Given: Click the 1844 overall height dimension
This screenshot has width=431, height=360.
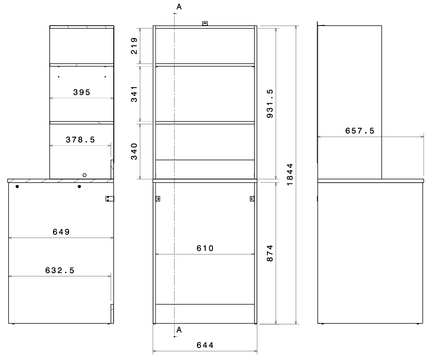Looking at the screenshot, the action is (290, 175).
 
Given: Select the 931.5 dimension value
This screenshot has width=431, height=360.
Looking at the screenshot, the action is (270, 104).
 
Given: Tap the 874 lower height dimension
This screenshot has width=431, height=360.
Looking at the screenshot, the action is (270, 253).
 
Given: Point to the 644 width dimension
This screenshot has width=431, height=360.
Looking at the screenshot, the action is (205, 345).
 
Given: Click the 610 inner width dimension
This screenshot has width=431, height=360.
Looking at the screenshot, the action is (205, 248).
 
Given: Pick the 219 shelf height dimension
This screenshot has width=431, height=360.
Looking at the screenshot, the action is (134, 46).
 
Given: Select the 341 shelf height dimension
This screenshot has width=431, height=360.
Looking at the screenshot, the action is (134, 94).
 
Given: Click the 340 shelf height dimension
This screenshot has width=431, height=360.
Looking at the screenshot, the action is (134, 151).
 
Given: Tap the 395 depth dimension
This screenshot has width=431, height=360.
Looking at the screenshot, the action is (82, 92).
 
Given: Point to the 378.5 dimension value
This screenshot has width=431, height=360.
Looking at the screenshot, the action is (80, 140).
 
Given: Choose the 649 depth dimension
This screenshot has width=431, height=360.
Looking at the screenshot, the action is (61, 232).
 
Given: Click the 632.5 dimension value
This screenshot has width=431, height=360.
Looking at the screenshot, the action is (60, 270).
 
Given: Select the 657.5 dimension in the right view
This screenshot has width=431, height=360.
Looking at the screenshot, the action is (360, 131).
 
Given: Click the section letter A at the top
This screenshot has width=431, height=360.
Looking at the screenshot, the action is (179, 7).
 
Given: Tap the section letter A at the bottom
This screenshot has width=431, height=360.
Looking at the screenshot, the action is (179, 330).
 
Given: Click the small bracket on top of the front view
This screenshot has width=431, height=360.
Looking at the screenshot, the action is (205, 23).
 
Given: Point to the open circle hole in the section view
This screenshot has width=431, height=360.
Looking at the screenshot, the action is (85, 175).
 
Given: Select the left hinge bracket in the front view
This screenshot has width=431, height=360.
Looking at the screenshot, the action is (158, 198).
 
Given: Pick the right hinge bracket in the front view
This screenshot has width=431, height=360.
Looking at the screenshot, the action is (252, 198).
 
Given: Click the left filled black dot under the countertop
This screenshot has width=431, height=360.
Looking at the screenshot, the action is (17, 186).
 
